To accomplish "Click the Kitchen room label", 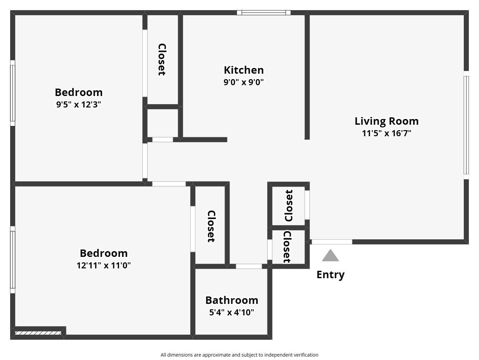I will pyautogui.click(x=243, y=70).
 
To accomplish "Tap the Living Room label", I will pyautogui.click(x=386, y=121).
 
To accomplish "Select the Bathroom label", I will pyautogui.click(x=232, y=300).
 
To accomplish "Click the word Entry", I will pyautogui.click(x=330, y=274).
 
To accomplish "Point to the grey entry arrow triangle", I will pyautogui.click(x=330, y=256).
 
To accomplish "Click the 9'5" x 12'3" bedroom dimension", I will pyautogui.click(x=78, y=104).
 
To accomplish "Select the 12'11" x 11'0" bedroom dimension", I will pyautogui.click(x=103, y=265).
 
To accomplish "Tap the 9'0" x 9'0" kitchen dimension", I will pyautogui.click(x=243, y=82).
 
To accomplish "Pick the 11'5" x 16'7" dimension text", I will pyautogui.click(x=386, y=133).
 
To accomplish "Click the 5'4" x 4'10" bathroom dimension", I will pyautogui.click(x=232, y=312).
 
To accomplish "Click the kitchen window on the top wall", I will pyautogui.click(x=264, y=13).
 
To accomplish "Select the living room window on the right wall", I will pyautogui.click(x=466, y=125).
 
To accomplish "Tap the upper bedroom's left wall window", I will pyautogui.click(x=13, y=93).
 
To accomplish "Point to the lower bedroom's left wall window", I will pyautogui.click(x=13, y=259).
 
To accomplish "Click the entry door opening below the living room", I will pyautogui.click(x=332, y=242).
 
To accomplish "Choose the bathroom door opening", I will pyautogui.click(x=249, y=266).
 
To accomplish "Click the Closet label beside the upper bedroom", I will pyautogui.click(x=162, y=59).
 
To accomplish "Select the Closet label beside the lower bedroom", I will pyautogui.click(x=211, y=226).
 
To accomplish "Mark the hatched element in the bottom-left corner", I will pyautogui.click(x=38, y=333).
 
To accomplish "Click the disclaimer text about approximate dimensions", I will pyautogui.click(x=239, y=355).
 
